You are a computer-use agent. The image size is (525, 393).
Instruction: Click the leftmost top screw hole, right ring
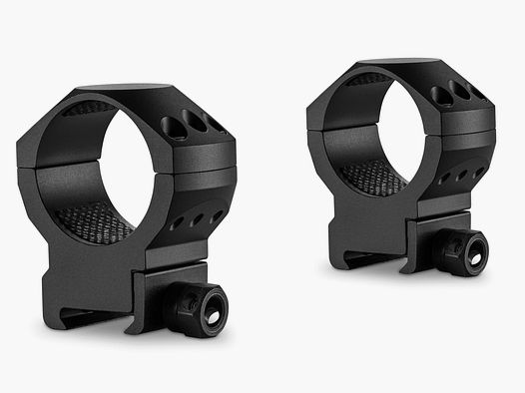pyautogui.click(x=442, y=96)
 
